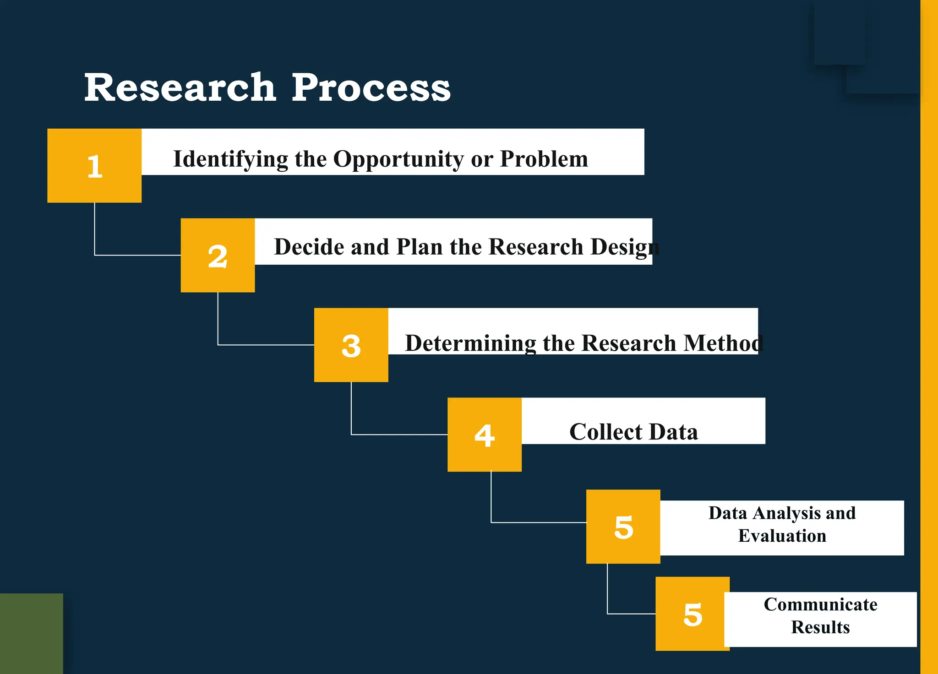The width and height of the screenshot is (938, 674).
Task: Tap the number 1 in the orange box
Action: point(95,166)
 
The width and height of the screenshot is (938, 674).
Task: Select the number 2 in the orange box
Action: point(218,256)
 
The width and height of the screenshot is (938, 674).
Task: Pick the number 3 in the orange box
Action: point(351,346)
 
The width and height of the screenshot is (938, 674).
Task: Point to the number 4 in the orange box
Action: point(485,435)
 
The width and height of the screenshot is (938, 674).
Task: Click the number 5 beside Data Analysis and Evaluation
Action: point(623,527)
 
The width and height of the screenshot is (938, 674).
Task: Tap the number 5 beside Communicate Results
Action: point(693,614)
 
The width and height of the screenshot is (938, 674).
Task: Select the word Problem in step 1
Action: point(544,159)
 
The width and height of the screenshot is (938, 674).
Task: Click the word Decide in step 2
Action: point(309,247)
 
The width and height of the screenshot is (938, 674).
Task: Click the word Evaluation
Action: point(782,536)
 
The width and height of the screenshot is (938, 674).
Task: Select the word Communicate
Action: point(820,604)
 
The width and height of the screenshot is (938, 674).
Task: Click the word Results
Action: point(820,627)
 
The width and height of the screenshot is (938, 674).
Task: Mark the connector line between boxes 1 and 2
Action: point(95,229)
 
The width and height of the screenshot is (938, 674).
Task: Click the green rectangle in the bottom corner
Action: point(31,634)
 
